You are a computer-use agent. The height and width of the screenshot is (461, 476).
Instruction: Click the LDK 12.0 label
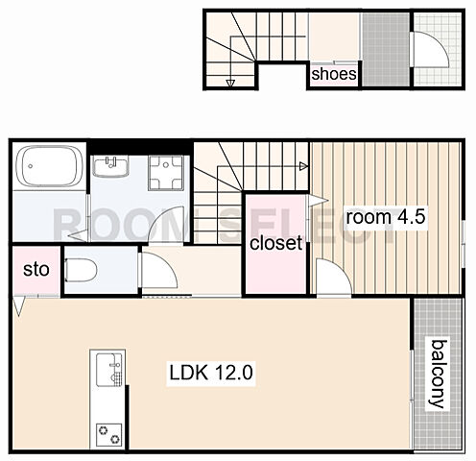point(211,373)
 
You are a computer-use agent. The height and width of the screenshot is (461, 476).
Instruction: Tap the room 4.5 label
point(386,217)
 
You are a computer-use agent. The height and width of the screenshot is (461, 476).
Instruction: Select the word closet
point(275,243)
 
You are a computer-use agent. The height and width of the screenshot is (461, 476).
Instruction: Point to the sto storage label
point(36,270)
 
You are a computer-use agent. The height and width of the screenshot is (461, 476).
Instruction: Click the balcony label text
point(438,375)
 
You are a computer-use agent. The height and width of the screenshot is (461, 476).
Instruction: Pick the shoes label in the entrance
point(334,74)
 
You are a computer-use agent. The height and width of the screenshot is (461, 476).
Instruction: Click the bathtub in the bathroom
point(49,166)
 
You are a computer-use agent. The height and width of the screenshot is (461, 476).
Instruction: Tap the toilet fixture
point(81,270)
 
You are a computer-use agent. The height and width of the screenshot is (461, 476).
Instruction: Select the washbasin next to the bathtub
point(110,166)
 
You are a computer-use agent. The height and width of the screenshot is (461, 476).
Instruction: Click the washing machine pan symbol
point(166,173)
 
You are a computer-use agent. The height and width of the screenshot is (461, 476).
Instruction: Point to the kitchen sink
point(109,370)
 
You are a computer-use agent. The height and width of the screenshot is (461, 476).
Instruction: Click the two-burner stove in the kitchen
point(109,435)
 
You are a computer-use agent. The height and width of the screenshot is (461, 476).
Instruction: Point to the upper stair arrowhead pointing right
point(303,166)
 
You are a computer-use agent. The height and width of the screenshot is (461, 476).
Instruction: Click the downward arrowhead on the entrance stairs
point(230,84)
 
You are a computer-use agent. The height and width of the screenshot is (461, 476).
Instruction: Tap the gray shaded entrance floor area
point(386,49)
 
